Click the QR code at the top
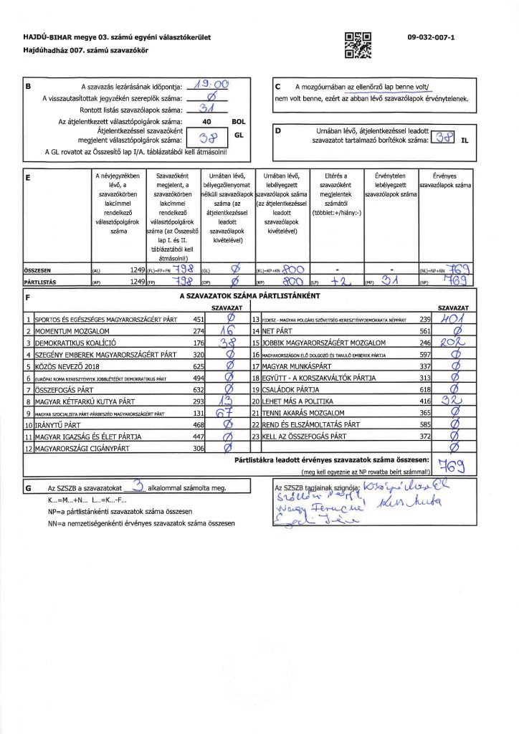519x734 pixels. tap(358, 44)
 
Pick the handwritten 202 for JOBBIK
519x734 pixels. tap(452, 343)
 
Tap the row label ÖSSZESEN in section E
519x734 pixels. tap(40, 271)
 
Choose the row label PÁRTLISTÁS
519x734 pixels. tap(42, 282)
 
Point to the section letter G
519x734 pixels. tap(28, 487)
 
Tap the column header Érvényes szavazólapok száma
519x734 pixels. tap(447, 181)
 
